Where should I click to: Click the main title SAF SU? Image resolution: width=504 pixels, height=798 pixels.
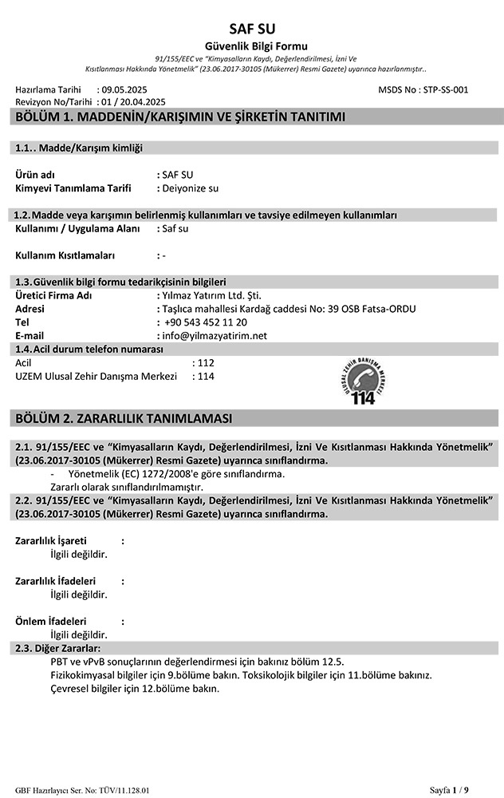[x=251, y=29]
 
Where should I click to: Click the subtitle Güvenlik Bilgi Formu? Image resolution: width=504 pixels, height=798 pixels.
[x=251, y=46]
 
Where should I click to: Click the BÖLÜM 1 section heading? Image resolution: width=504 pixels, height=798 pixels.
[x=180, y=119]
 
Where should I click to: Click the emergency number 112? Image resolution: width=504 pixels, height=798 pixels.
[x=206, y=362]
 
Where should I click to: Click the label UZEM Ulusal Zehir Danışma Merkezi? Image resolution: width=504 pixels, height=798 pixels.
[x=96, y=376]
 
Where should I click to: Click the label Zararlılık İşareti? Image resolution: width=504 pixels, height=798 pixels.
[x=51, y=541]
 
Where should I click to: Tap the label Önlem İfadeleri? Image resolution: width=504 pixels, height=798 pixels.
[x=51, y=622]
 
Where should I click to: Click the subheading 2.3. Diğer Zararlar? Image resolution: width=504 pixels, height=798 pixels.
[x=58, y=648]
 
